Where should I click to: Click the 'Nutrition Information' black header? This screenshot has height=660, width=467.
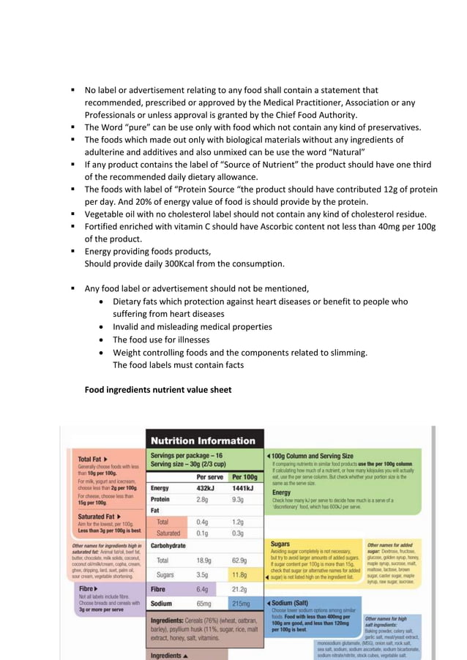pos(203,440)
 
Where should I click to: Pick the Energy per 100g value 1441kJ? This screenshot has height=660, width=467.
pos(244,487)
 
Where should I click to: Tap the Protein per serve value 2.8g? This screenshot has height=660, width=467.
pos(204,499)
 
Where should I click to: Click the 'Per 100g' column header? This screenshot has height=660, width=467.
pos(244,476)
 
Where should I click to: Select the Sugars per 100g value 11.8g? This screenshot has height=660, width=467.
pos(240,575)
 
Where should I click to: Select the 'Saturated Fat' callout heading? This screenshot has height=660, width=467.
pos(99,517)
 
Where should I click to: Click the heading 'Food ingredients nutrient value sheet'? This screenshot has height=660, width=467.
pos(158,390)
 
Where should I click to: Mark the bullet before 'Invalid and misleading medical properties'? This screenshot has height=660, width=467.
pos(102,327)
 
